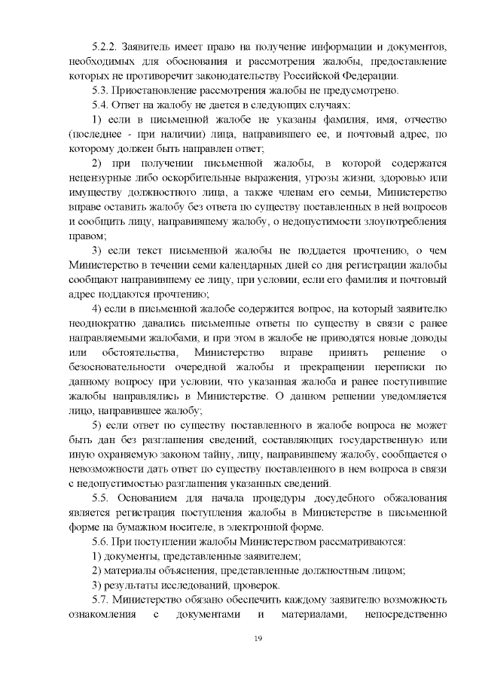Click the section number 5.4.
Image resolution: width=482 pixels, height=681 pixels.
100,105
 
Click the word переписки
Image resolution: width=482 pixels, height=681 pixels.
397,366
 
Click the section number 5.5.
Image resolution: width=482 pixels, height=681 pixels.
101,497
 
